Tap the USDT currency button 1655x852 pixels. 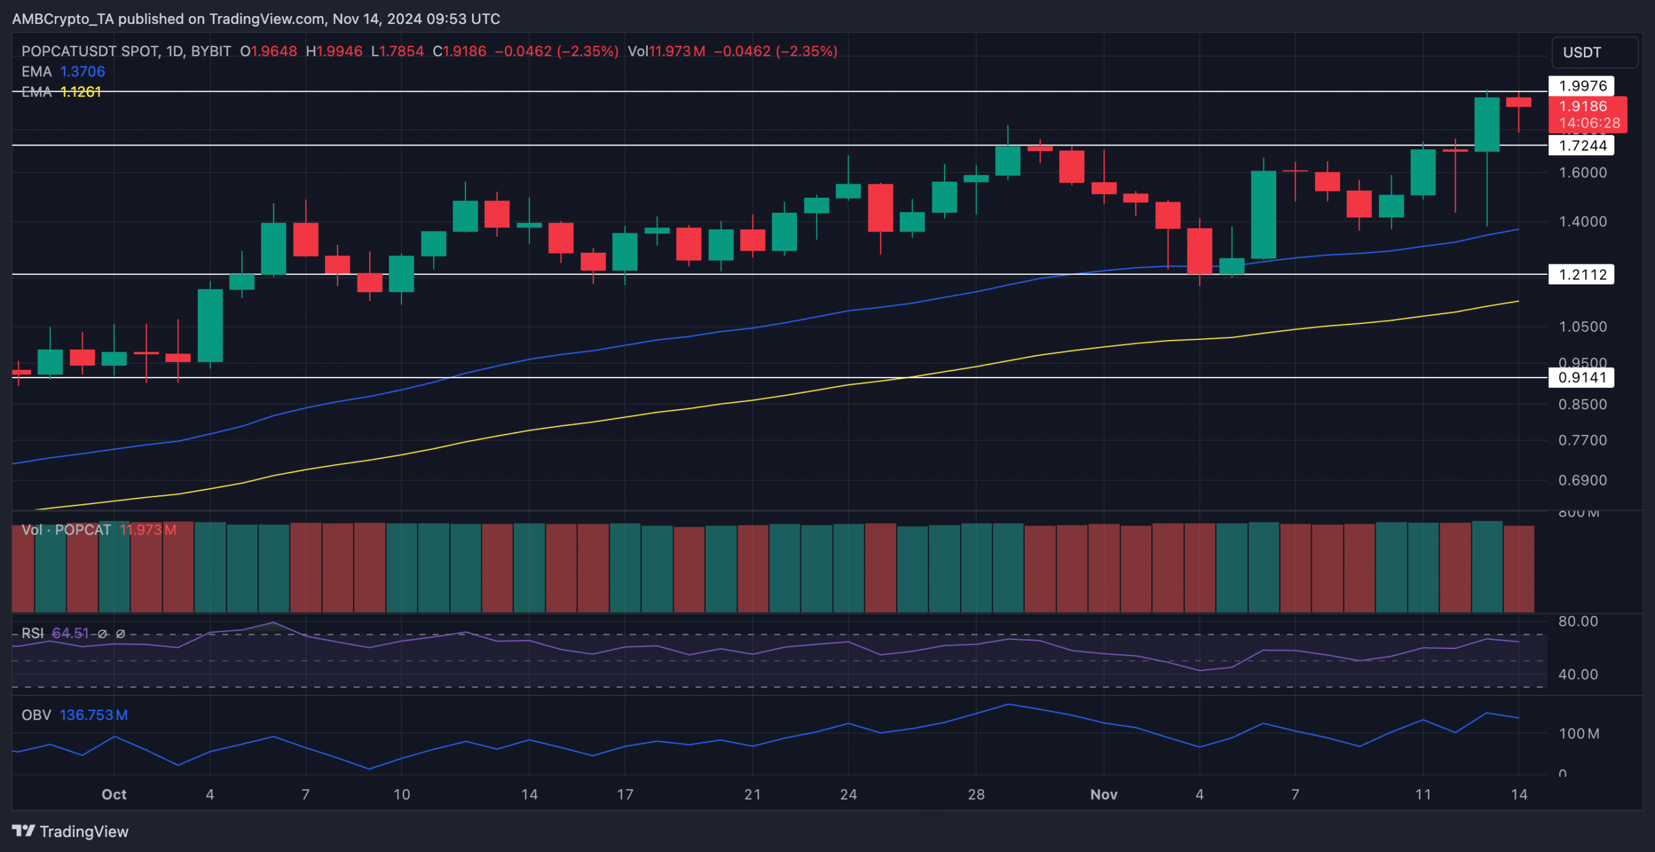[1594, 52]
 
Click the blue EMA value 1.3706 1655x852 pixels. [82, 72]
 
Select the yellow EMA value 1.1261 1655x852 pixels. [81, 92]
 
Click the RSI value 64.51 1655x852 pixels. [70, 633]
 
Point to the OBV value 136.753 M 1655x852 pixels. [93, 715]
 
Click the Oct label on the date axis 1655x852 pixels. [114, 794]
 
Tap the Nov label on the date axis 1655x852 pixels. [1104, 794]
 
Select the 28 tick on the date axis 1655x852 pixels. [976, 794]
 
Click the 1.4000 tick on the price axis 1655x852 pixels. [1582, 222]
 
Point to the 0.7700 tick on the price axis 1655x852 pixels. [1582, 440]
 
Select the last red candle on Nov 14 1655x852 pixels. [1518, 102]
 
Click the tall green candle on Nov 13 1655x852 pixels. [1486, 125]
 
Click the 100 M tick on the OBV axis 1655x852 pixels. [1579, 734]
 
